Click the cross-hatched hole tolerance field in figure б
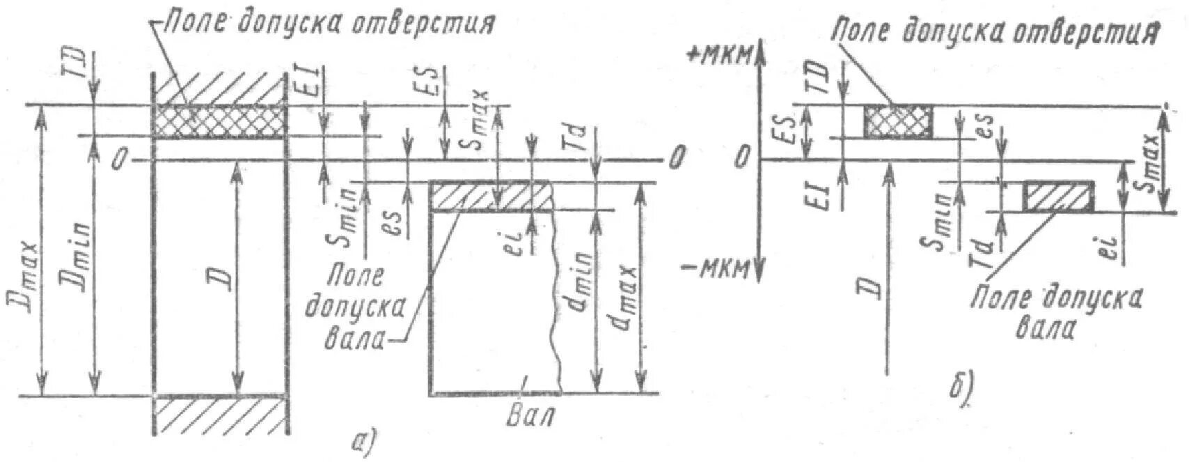(x=898, y=121)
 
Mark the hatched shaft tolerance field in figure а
(x=491, y=196)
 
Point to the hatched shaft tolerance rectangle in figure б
(x=1057, y=197)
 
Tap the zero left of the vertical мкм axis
(x=744, y=159)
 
